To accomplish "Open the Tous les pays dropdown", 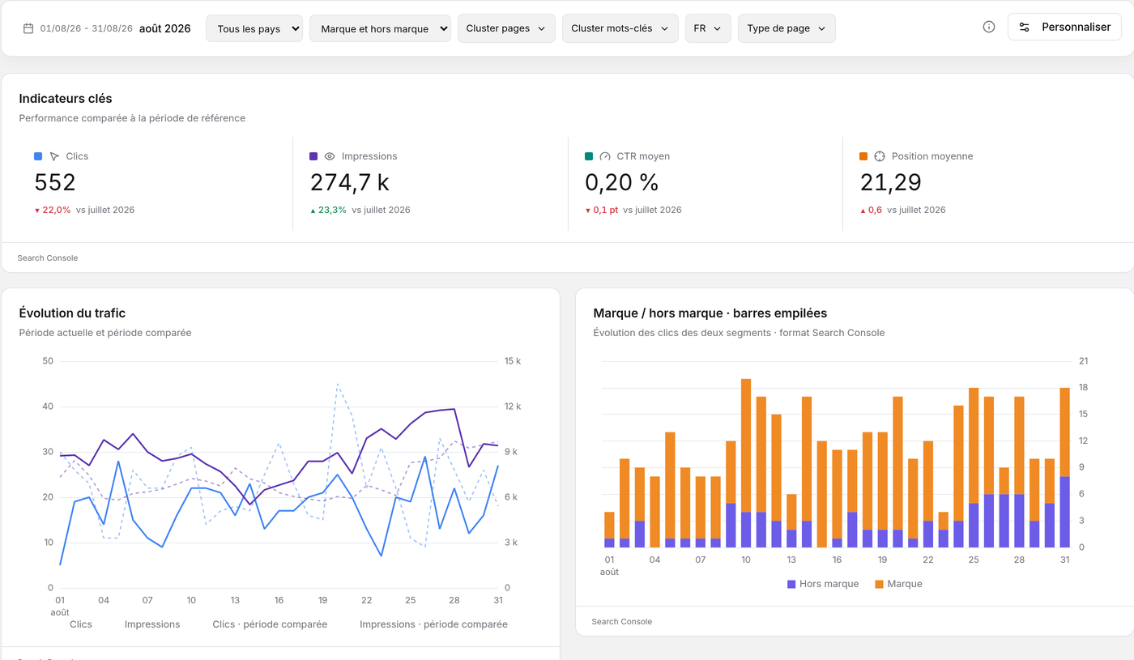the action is [254, 28].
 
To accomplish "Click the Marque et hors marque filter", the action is [380, 28].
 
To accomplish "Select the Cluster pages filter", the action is [506, 28].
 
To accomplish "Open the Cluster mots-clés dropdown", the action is [620, 28].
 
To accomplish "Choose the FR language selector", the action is [708, 28].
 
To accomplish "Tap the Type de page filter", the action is [787, 28].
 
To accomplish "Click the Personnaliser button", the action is [1064, 27].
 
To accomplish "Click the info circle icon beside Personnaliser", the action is [989, 27].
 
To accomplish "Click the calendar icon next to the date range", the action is [28, 28].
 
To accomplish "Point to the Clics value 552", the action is [55, 182].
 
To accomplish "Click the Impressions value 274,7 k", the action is [350, 182].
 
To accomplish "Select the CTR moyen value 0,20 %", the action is [622, 182].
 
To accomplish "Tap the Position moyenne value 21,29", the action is [891, 182].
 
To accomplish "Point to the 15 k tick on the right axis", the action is [512, 361].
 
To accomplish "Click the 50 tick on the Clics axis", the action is [48, 361].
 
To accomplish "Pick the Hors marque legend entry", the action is [823, 584].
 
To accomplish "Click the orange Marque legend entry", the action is [898, 584].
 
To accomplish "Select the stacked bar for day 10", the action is [746, 462].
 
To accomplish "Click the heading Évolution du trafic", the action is [72, 313].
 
